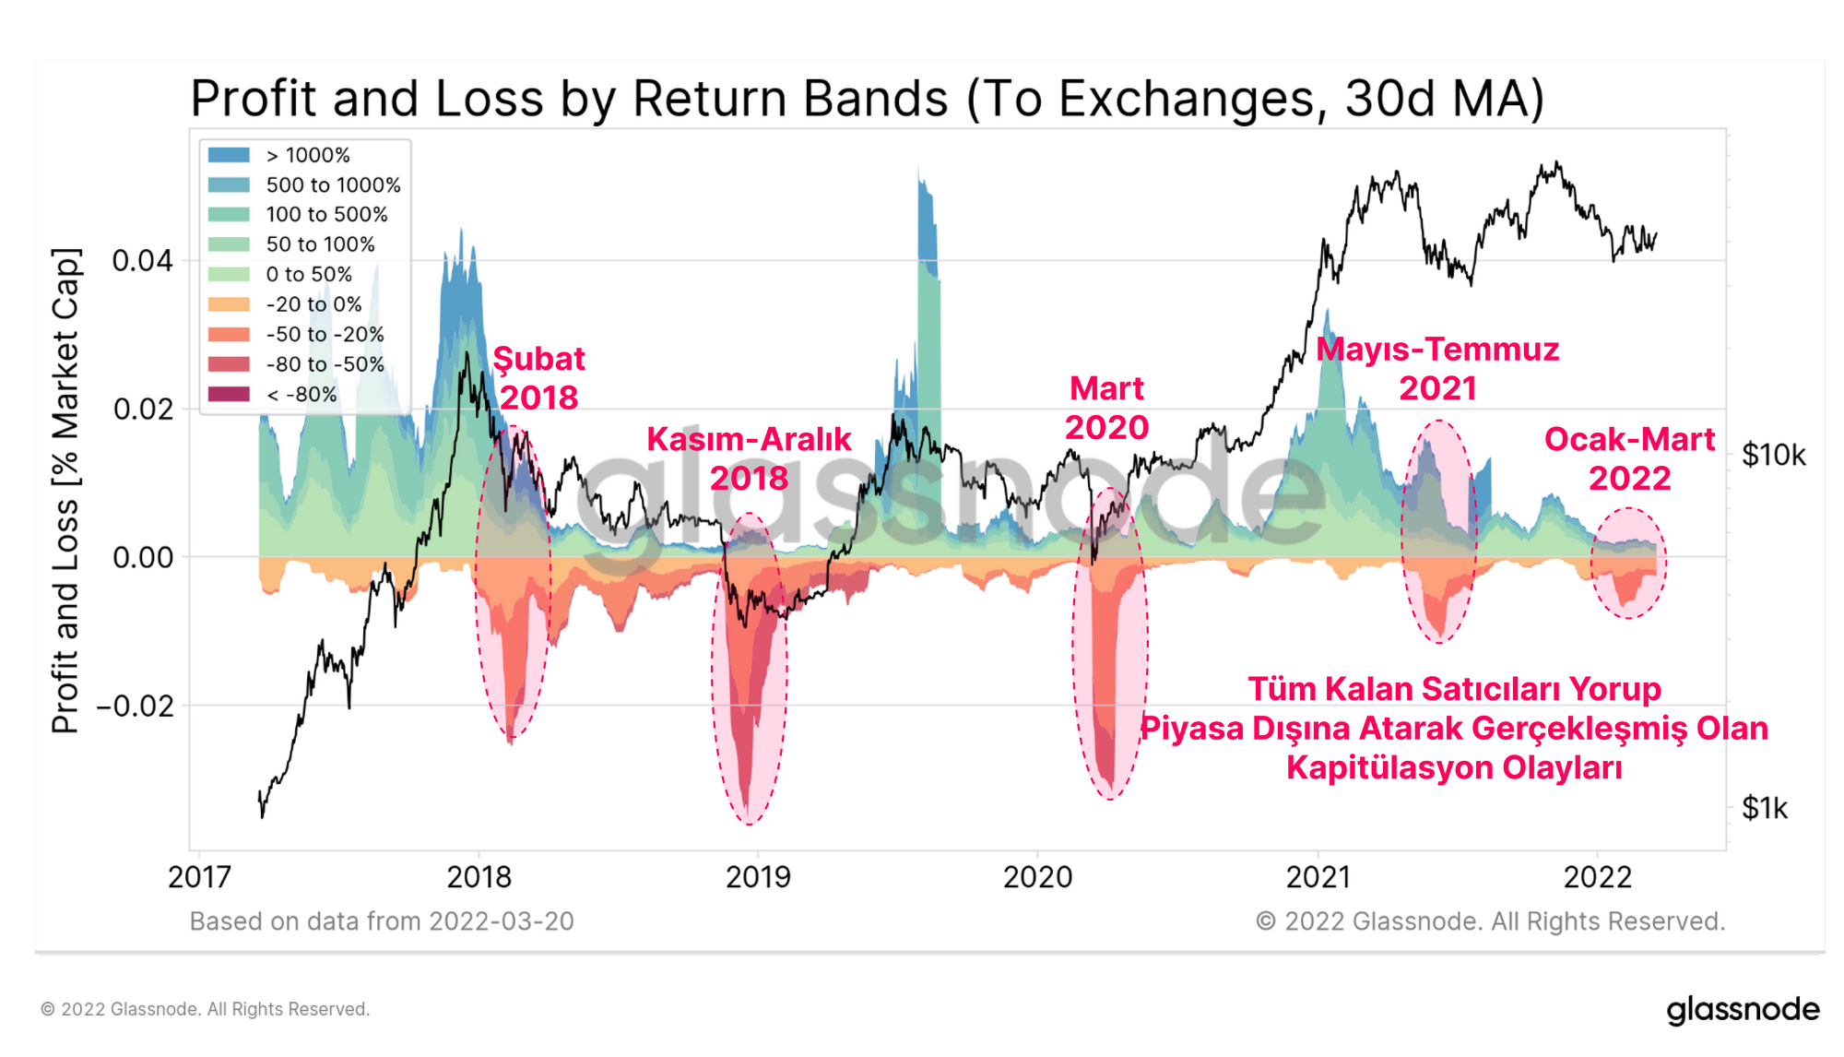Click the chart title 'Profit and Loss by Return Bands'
867,98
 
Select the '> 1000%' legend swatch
229,155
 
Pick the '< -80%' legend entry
301,395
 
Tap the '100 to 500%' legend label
326,215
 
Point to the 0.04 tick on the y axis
142,261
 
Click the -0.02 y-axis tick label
135,707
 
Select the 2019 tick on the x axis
758,877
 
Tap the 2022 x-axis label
1598,877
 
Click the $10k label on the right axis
1773,456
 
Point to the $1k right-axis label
1764,809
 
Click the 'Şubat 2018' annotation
539,378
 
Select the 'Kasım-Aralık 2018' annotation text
749,458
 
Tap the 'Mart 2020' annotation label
1106,408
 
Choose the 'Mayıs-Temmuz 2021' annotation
1437,369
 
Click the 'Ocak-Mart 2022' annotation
1629,458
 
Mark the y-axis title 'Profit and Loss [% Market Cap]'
65,491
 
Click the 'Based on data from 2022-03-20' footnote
382,921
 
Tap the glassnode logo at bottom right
1743,1009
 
